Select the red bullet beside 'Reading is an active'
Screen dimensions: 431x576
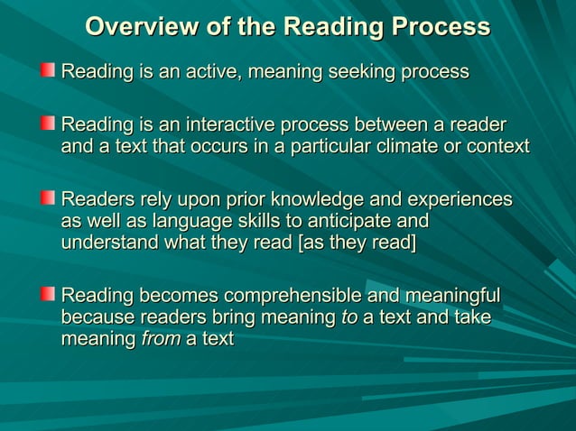tap(48, 70)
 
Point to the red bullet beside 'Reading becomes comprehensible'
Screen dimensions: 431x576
tap(48, 295)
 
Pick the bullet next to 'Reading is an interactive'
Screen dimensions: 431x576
tap(48, 123)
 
